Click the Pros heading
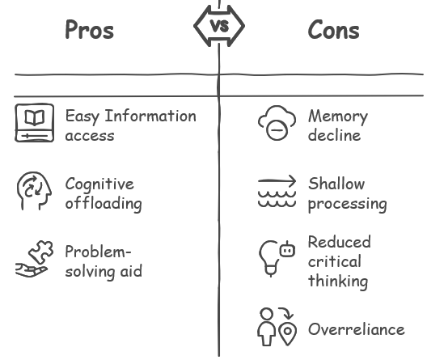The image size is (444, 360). [90, 29]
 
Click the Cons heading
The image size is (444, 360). [333, 29]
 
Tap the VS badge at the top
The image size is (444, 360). [219, 26]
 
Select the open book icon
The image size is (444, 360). [35, 123]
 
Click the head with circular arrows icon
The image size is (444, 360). [34, 191]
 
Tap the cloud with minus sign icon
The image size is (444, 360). [277, 123]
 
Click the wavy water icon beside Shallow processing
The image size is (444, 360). [277, 192]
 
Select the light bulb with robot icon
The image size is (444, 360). [277, 259]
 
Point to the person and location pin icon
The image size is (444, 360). [277, 327]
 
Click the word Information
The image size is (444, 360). [150, 116]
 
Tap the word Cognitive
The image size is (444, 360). [99, 184]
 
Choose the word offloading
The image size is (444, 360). [104, 203]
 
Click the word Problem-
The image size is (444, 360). [98, 252]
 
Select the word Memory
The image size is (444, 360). [338, 117]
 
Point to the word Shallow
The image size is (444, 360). [336, 184]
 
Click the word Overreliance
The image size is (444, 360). [357, 329]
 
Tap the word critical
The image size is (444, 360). [335, 261]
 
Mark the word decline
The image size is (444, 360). [335, 135]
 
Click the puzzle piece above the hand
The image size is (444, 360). [41, 252]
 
